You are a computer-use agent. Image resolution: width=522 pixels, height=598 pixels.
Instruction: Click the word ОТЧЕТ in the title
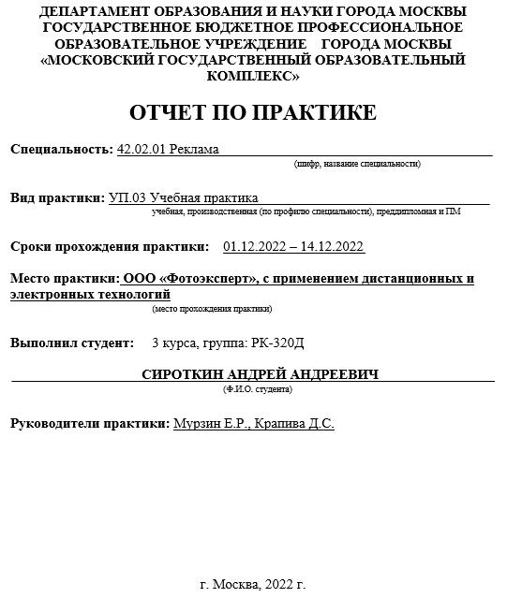[x=171, y=113]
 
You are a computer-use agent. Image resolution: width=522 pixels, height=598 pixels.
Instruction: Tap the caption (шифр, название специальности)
[x=357, y=164]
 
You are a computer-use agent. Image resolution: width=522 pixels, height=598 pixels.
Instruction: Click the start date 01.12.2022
[x=256, y=247]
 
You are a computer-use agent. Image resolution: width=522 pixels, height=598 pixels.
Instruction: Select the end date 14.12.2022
[x=332, y=247]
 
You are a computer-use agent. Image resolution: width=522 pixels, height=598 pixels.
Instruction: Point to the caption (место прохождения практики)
[x=212, y=308]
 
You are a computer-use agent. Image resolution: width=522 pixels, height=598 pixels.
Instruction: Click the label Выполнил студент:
[x=72, y=343]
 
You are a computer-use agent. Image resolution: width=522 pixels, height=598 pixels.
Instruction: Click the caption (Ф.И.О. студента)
[x=258, y=387]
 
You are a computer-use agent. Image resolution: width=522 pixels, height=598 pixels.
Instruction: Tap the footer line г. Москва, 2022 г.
[x=253, y=585]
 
